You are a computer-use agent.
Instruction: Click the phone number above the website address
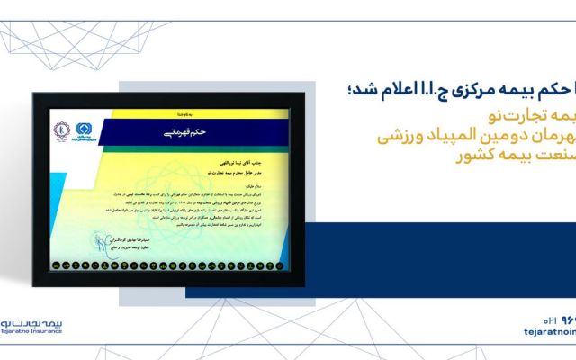pyautogui.click(x=553, y=318)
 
